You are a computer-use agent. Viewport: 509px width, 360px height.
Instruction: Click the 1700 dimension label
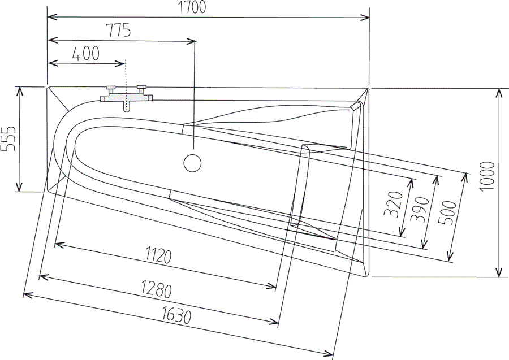coord(192,7)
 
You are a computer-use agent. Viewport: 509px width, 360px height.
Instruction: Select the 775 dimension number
coord(119,30)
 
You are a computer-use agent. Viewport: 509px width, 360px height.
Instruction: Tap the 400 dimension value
coord(86,54)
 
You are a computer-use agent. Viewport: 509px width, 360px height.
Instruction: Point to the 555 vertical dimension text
coord(8,138)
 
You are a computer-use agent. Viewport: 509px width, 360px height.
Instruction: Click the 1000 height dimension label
coord(488,176)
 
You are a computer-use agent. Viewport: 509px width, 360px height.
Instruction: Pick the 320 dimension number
coord(394,204)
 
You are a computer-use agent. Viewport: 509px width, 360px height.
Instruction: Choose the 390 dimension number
coord(420,210)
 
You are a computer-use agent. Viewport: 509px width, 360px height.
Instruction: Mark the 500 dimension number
coord(447,212)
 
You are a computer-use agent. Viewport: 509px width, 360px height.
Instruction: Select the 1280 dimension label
coord(156,289)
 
